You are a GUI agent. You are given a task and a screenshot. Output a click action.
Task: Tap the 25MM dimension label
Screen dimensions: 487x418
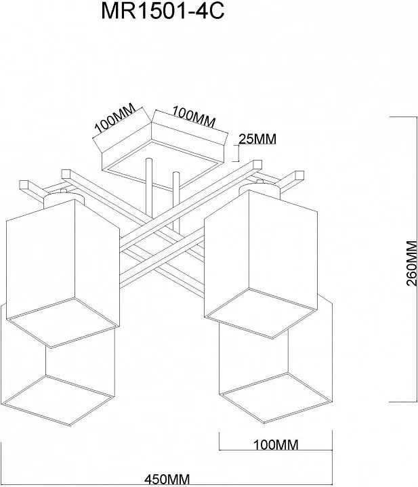coord(258,139)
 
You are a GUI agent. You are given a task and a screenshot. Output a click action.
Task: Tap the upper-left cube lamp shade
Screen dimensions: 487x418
coord(61,257)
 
